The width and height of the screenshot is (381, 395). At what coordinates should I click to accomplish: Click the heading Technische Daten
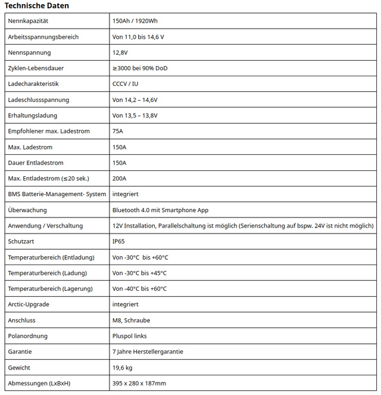37,6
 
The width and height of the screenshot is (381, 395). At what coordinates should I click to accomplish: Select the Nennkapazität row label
28,21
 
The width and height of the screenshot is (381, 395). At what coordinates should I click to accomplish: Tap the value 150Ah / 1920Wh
135,21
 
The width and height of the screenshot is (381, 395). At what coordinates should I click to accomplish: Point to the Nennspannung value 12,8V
120,52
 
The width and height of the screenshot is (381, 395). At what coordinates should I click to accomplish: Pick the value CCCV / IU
125,84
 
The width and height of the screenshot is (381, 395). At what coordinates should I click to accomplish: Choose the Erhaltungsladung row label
32,116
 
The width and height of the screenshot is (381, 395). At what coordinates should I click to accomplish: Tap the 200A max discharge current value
120,178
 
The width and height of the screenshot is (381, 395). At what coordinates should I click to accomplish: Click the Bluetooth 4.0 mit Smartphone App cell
160,210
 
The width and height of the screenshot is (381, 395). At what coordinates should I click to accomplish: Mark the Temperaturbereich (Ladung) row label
47,273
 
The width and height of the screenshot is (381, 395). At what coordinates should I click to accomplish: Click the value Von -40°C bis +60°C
140,289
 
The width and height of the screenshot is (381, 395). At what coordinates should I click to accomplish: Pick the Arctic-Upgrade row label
29,304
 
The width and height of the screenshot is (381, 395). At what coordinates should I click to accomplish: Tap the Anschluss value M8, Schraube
131,320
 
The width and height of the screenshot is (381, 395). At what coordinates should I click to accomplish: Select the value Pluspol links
129,336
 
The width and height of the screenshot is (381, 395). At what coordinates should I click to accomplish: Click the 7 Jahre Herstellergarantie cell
148,352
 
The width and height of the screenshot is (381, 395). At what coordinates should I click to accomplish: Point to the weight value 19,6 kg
122,368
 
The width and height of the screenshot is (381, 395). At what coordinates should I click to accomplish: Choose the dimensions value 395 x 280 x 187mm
139,383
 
